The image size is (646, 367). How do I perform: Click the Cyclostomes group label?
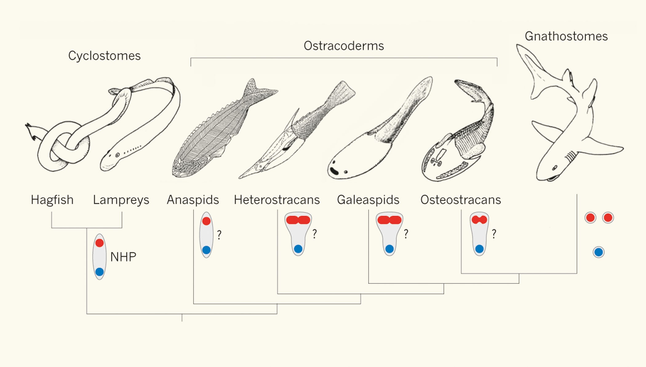104,56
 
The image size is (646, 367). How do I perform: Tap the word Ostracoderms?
344,46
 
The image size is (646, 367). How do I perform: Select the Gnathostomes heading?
566,36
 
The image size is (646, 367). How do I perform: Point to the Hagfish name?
52,200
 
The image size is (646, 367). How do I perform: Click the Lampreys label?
121,200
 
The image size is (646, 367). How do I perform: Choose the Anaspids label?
193,200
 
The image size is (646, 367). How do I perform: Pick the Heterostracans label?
277,200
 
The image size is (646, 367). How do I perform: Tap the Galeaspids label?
368,200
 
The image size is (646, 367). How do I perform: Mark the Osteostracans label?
461,200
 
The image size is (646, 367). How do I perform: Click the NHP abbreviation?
123,257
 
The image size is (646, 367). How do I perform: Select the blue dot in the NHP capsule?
99,272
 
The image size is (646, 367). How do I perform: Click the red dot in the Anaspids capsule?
206,221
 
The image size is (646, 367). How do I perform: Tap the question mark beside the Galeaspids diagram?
406,234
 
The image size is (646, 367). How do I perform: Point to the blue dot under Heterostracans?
298,249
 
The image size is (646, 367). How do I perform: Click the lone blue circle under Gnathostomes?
599,252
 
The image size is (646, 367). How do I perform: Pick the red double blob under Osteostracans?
479,220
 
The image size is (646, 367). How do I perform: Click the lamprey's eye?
118,155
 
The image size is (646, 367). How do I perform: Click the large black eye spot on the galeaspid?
334,171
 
